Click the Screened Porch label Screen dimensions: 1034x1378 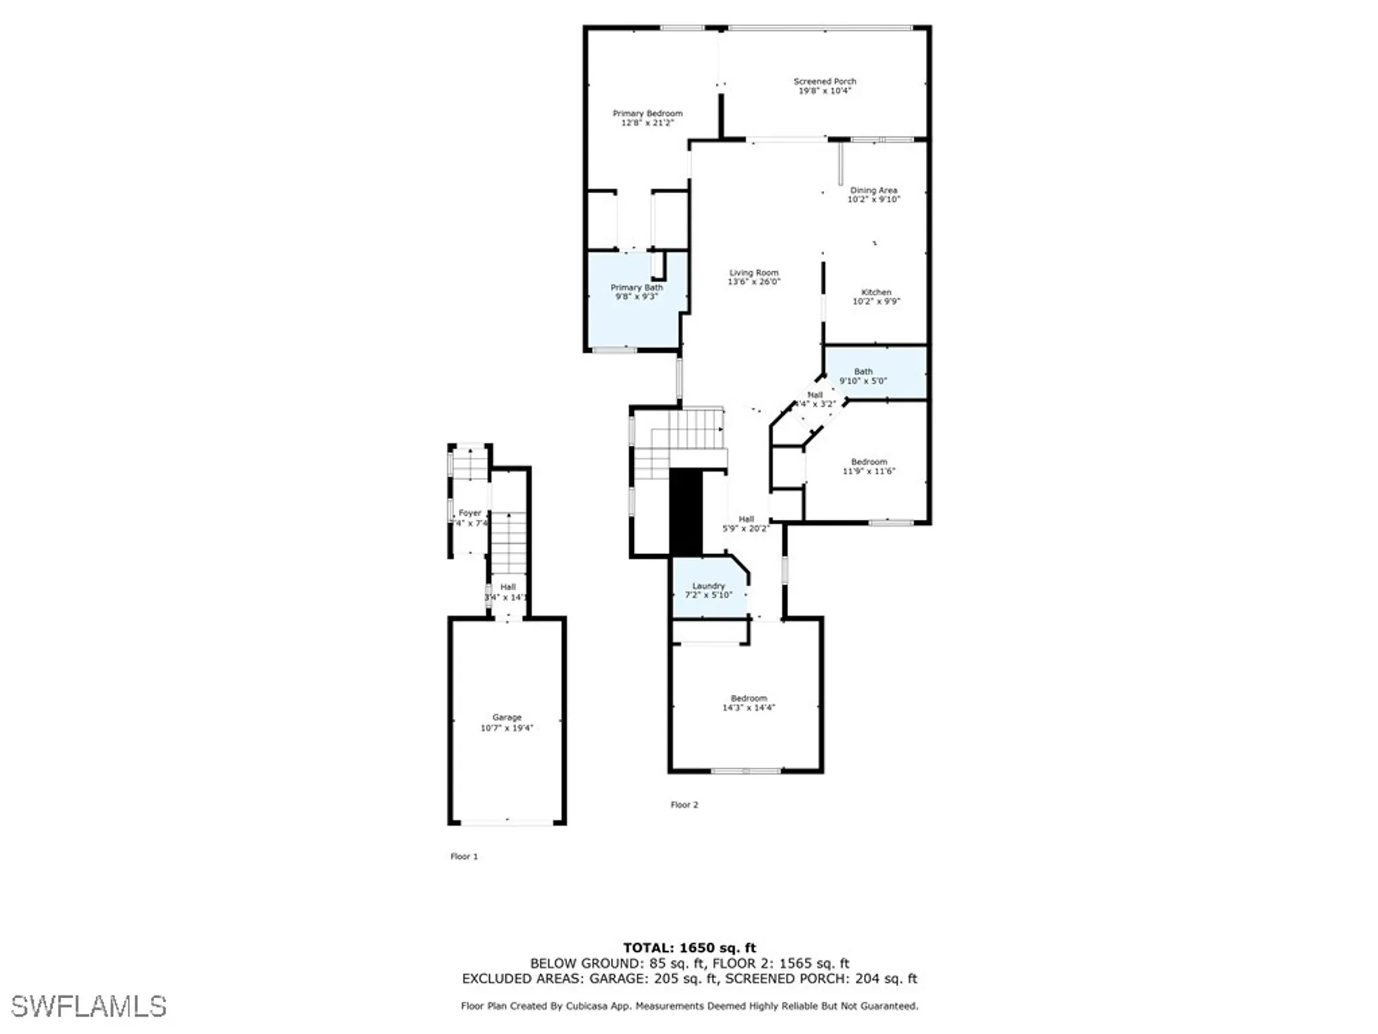(825, 81)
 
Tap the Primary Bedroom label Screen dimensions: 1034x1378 (648, 113)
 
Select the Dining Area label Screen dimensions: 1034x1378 (874, 190)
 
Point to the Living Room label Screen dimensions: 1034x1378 (754, 273)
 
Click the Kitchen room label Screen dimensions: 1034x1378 (876, 292)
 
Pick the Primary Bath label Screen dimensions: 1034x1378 (637, 287)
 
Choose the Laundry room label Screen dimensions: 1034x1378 (708, 586)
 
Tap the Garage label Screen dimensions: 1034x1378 (507, 718)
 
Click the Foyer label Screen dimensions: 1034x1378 (470, 513)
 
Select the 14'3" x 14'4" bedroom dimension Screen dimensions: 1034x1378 (749, 708)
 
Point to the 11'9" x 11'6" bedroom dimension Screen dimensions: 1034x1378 (869, 472)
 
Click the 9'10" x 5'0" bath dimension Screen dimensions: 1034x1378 (863, 381)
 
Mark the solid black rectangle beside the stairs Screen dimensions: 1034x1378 (686, 511)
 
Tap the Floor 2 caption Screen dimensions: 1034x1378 (684, 804)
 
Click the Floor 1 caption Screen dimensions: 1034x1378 (464, 856)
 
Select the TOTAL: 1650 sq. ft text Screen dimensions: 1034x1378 (689, 948)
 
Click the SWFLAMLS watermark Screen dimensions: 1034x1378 (89, 1006)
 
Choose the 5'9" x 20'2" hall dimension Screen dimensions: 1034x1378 (746, 529)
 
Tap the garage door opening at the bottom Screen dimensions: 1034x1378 (507, 822)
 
